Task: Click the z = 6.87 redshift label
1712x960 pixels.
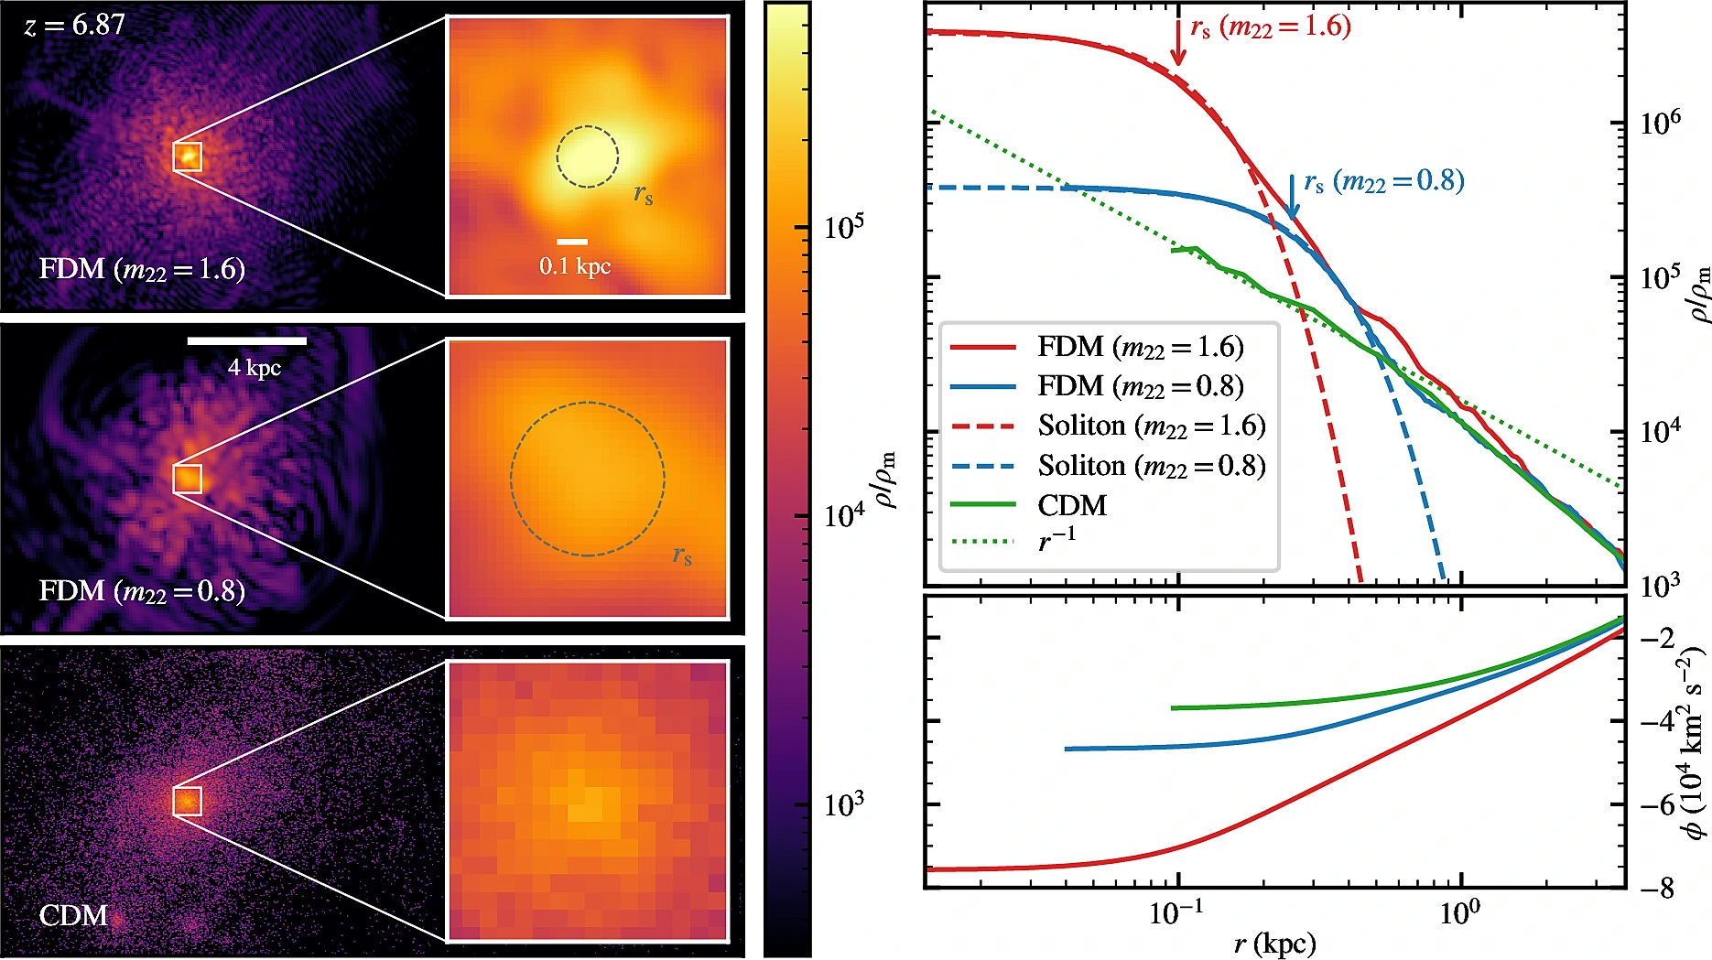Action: coord(74,25)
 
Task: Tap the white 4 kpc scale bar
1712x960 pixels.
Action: coord(247,341)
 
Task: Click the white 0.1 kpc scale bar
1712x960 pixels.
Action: coord(572,242)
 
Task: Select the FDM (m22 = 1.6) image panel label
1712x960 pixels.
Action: coord(142,269)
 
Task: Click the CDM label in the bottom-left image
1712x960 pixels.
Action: coord(73,915)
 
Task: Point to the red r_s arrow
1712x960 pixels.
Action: coord(1178,43)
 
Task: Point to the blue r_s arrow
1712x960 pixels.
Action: coord(1292,196)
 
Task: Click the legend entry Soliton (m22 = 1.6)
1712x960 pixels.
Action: coord(1151,426)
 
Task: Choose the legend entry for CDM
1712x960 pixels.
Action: coord(1071,505)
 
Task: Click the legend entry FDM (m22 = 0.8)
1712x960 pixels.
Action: coord(1140,386)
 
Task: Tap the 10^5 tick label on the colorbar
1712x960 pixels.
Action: coord(843,227)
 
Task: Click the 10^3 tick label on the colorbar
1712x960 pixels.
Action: coord(843,805)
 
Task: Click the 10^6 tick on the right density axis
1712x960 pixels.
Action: coord(1660,123)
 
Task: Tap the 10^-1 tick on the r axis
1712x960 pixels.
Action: coord(1177,913)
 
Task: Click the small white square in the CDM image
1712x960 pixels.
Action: coord(187,801)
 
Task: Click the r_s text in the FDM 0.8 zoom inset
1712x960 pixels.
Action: coord(682,555)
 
